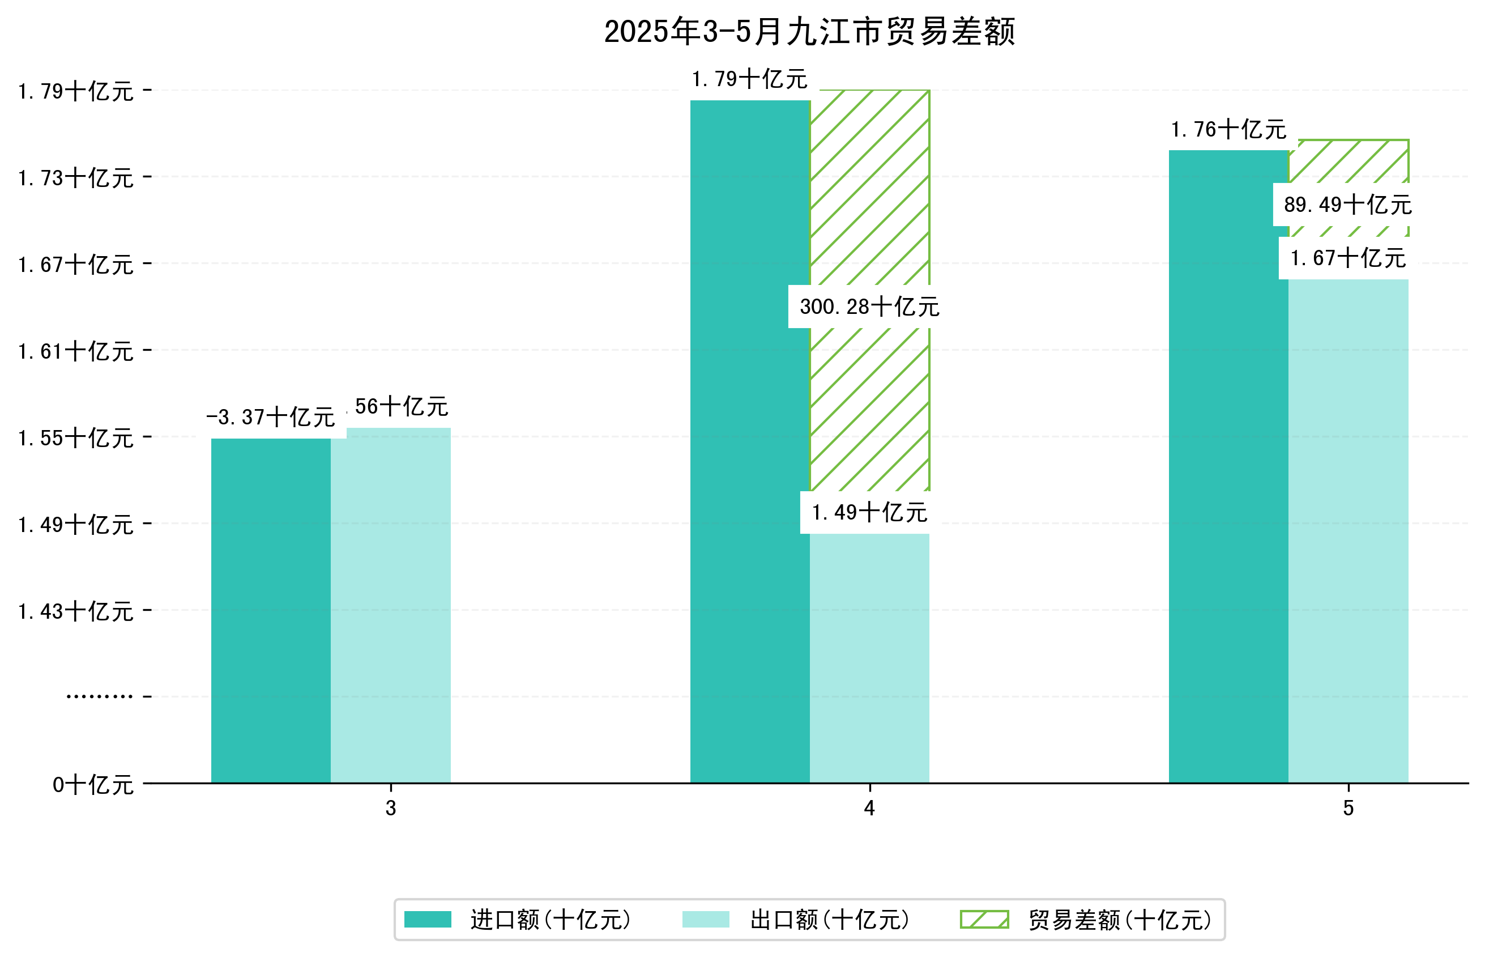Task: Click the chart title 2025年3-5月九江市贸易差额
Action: (809, 32)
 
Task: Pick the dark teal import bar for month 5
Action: (1228, 466)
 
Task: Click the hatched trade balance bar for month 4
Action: (869, 186)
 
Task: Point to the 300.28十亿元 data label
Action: (869, 307)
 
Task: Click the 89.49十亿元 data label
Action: (1347, 205)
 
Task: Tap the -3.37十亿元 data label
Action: (271, 417)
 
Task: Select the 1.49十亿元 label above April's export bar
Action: (869, 513)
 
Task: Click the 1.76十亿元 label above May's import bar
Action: (1228, 130)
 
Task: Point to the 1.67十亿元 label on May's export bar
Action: (1347, 258)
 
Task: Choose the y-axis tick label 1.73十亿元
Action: (76, 178)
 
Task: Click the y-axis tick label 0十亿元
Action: (92, 785)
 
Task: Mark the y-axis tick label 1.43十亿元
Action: (76, 611)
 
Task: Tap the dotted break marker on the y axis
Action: (99, 696)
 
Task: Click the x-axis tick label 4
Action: (869, 809)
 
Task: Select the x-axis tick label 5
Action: (1348, 809)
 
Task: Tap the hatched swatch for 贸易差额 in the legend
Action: (984, 919)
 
